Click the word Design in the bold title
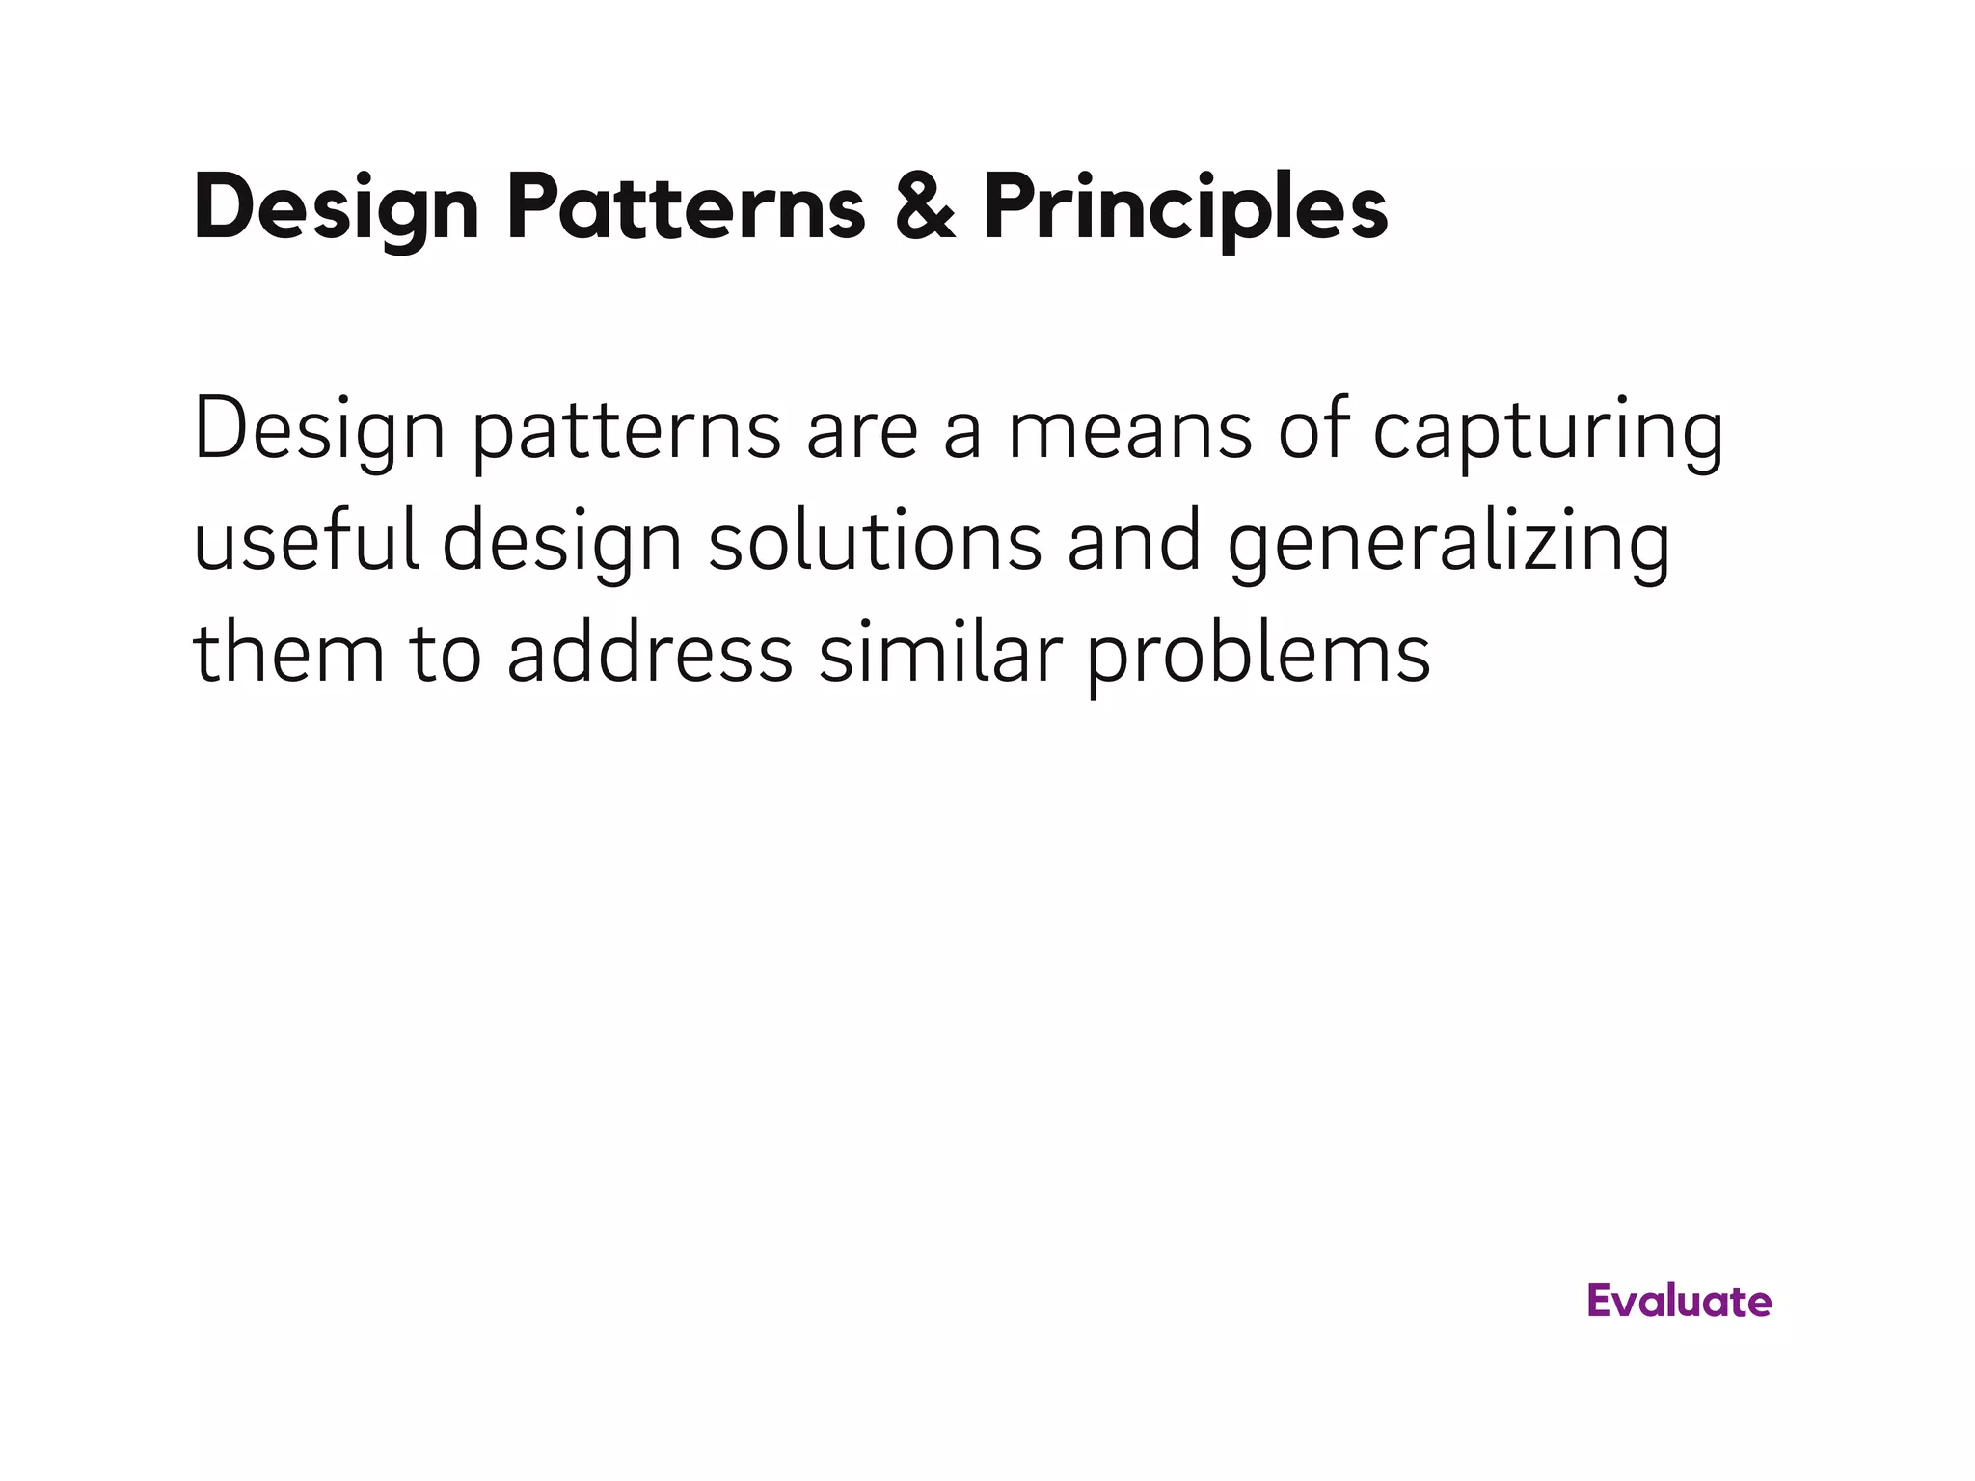(336, 208)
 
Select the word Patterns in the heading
(686, 208)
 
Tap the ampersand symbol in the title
(924, 208)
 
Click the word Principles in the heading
(1185, 208)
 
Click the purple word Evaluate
(1679, 1302)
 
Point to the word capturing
(1547, 432)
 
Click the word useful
(307, 541)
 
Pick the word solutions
(875, 541)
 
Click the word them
(288, 653)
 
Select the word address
(649, 653)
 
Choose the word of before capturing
(1313, 430)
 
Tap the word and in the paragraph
(1134, 541)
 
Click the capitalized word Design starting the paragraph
(319, 432)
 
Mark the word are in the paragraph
(861, 432)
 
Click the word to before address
(445, 653)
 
